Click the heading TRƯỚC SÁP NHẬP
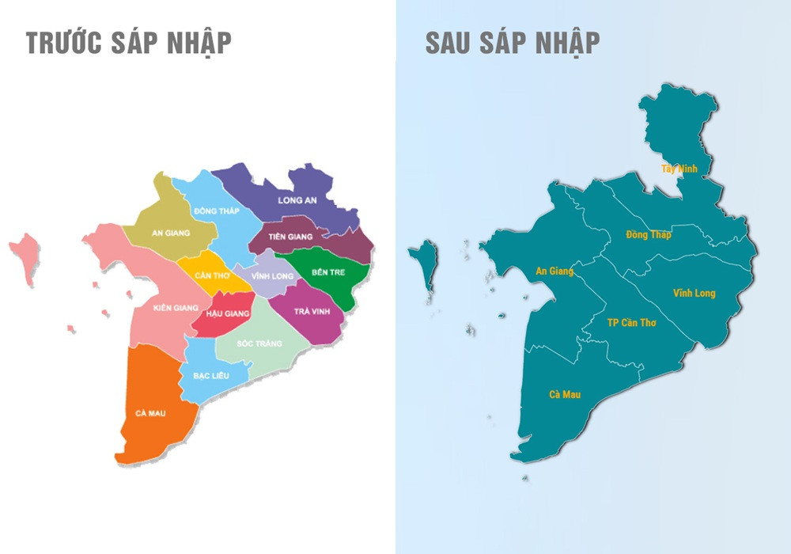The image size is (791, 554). pos(129,43)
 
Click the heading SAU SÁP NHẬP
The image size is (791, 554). pos(512,43)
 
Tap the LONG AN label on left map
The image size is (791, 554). pos(297,200)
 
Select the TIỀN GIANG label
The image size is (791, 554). pos(290,237)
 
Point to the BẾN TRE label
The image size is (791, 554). pos(327,272)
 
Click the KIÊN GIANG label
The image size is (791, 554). pos(176,307)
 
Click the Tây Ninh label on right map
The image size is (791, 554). pos(679,169)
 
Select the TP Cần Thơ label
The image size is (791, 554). pos(631,323)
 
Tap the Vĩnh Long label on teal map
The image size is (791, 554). pos(694,294)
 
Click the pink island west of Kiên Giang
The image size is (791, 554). pos(25,257)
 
